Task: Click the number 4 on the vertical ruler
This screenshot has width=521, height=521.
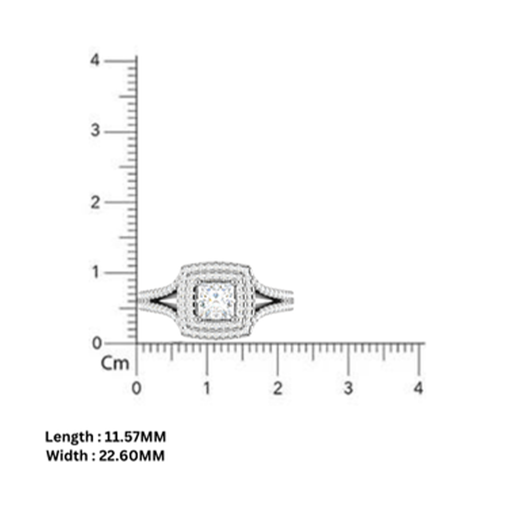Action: (95, 60)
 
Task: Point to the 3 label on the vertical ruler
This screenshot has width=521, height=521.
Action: (95, 131)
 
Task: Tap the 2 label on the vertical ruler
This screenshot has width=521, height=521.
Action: (95, 202)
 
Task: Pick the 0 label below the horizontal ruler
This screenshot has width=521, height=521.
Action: (137, 389)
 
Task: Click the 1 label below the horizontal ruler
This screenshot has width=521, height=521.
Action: (207, 389)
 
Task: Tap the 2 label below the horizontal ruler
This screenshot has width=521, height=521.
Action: (277, 389)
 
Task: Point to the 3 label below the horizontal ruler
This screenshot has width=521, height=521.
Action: (348, 389)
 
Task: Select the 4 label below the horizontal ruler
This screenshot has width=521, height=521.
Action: (419, 389)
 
